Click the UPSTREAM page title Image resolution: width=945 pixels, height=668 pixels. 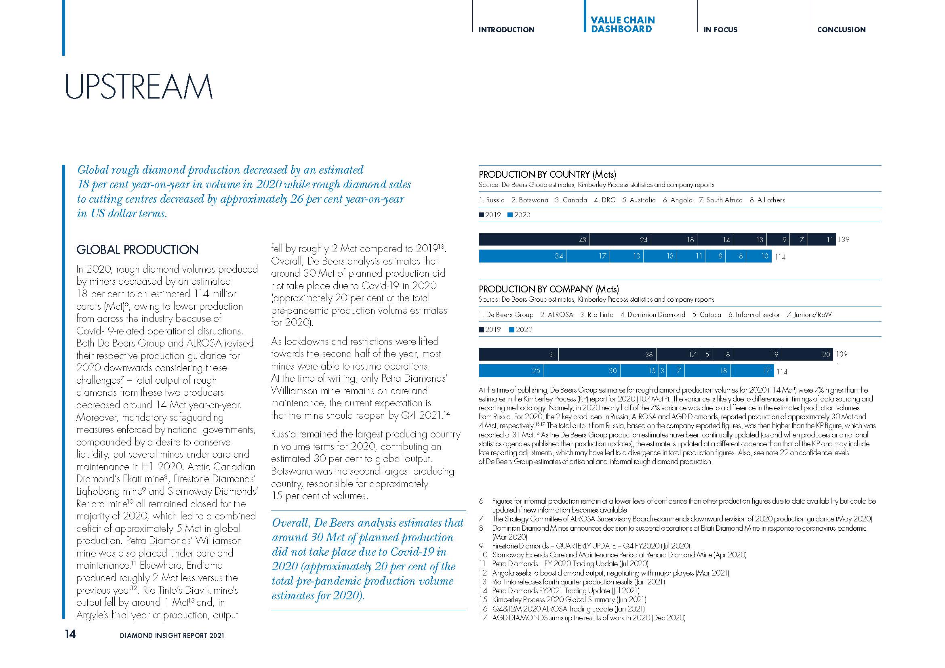pyautogui.click(x=139, y=86)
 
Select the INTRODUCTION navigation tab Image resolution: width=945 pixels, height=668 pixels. pyautogui.click(x=506, y=29)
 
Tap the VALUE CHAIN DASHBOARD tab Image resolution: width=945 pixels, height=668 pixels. pyautogui.click(x=622, y=25)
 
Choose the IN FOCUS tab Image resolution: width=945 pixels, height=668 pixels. pyautogui.click(x=720, y=29)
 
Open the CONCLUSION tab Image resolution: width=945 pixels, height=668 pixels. pyautogui.click(x=841, y=29)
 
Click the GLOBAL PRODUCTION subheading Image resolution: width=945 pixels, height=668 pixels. pyautogui.click(x=137, y=250)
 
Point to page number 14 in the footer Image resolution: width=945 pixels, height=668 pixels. pyautogui.click(x=70, y=634)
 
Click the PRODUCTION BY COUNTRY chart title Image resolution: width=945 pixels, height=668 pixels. pyautogui.click(x=547, y=174)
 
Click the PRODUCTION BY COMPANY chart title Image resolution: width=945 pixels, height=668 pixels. pyautogui.click(x=549, y=289)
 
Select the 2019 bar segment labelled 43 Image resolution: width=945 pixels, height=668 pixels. pyautogui.click(x=534, y=239)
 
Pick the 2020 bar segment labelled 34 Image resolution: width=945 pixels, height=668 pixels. pyautogui.click(x=522, y=256)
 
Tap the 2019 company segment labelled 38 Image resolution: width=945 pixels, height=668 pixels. pyautogui.click(x=608, y=354)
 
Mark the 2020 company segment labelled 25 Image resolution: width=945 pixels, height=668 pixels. pyautogui.click(x=511, y=371)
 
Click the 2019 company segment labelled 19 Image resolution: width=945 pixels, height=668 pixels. pyautogui.click(x=757, y=354)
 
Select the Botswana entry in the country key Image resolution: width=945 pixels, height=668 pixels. pyautogui.click(x=530, y=200)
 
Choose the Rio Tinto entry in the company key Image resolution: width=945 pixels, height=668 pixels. pyautogui.click(x=597, y=315)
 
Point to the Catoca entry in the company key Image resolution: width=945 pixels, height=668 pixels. pyautogui.click(x=707, y=315)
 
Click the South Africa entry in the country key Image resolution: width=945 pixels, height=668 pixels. pyautogui.click(x=721, y=200)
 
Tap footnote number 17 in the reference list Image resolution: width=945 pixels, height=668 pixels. pyautogui.click(x=483, y=618)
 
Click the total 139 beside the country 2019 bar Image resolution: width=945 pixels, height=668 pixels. pyautogui.click(x=843, y=239)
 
